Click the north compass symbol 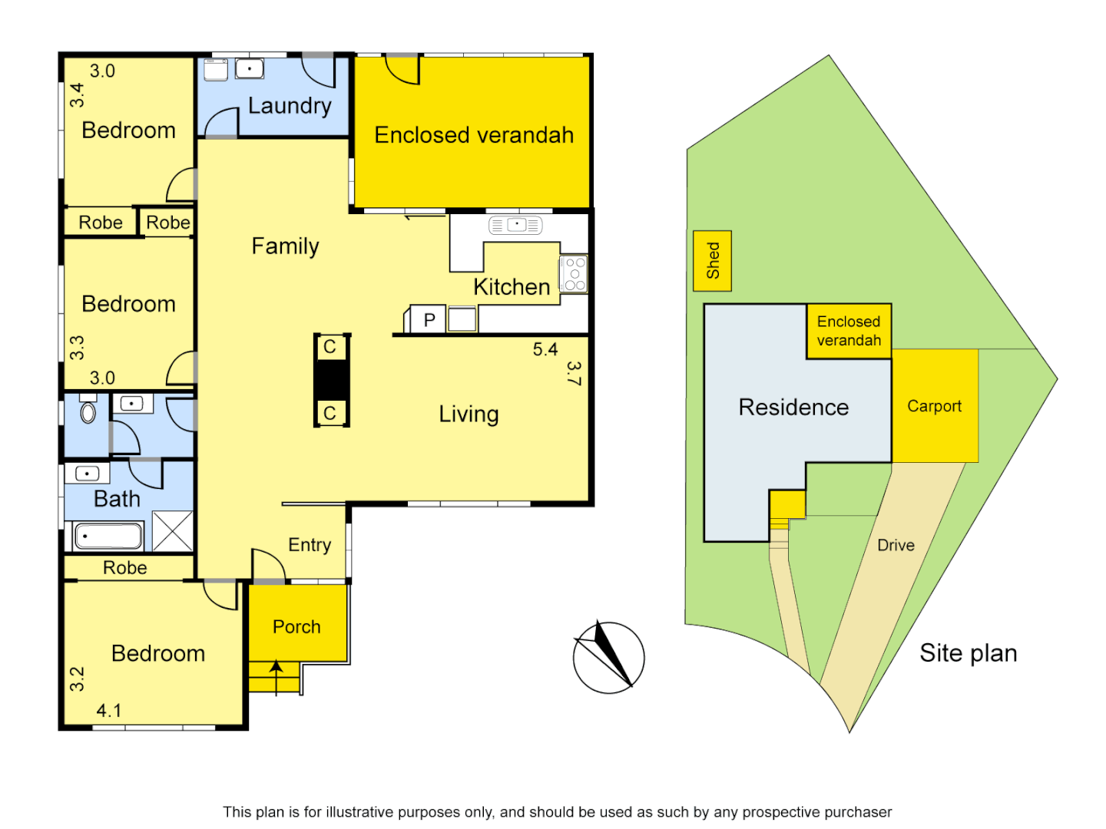(x=608, y=657)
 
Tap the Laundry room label (x=290, y=106)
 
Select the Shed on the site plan (x=712, y=261)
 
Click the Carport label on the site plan (x=934, y=406)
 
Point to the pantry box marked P (x=429, y=319)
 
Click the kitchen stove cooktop (x=575, y=274)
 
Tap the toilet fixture (x=88, y=412)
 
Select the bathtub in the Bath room (x=108, y=537)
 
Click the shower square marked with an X (x=172, y=530)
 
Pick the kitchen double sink (x=515, y=225)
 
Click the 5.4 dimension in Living (x=545, y=349)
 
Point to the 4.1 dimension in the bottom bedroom (x=108, y=710)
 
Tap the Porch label (x=296, y=627)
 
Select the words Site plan (x=968, y=653)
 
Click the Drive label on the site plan (x=896, y=545)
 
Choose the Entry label (x=310, y=545)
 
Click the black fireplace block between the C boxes (x=332, y=379)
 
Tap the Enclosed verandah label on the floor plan (x=474, y=135)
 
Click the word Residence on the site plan (x=793, y=408)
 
